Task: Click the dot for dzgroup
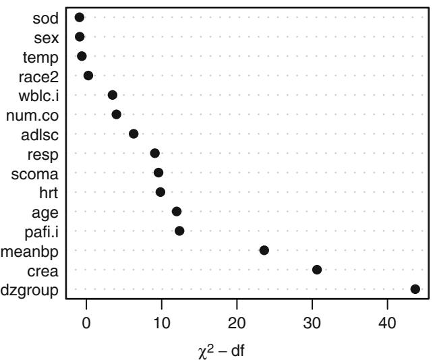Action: pyautogui.click(x=415, y=289)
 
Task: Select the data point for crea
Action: pyautogui.click(x=317, y=270)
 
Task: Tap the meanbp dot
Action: pyautogui.click(x=264, y=250)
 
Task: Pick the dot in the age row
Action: pyautogui.click(x=177, y=212)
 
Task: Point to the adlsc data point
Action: pyautogui.click(x=134, y=133)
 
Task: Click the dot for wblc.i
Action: pyautogui.click(x=113, y=95)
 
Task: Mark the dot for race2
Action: pyautogui.click(x=88, y=76)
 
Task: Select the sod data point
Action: pyautogui.click(x=80, y=17)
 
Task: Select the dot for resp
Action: pyautogui.click(x=155, y=153)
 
